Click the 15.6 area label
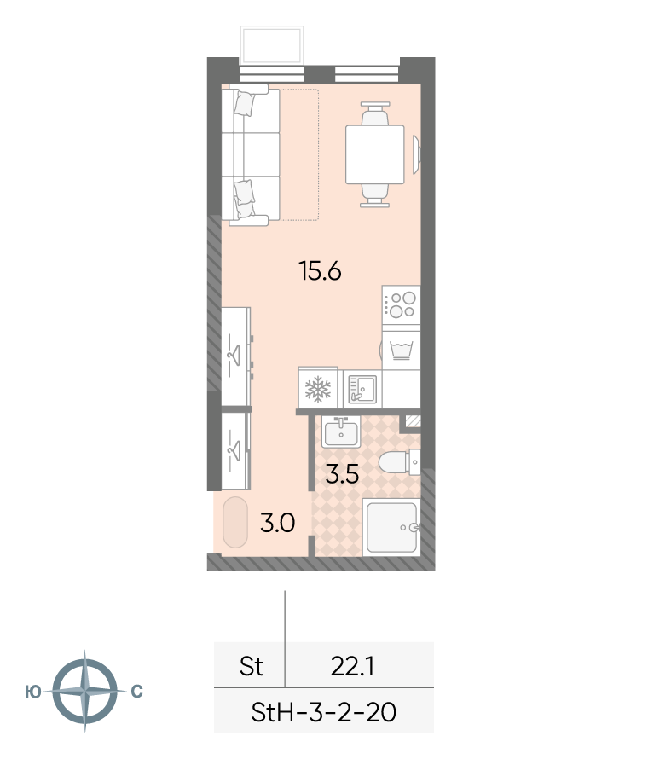[321, 270]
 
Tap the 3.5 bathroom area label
[342, 474]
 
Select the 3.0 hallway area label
[278, 523]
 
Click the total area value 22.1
[352, 667]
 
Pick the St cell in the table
[252, 667]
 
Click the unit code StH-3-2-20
[323, 712]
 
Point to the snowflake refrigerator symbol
[317, 389]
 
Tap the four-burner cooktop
[401, 305]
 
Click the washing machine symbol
[401, 351]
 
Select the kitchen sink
[362, 389]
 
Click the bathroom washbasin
[341, 432]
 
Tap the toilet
[400, 462]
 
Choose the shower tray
[391, 527]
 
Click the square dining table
[374, 154]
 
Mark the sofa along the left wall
[250, 154]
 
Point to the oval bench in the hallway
[235, 522]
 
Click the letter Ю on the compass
[33, 692]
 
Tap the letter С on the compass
[137, 692]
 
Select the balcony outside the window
[272, 45]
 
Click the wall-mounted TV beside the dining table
[416, 154]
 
